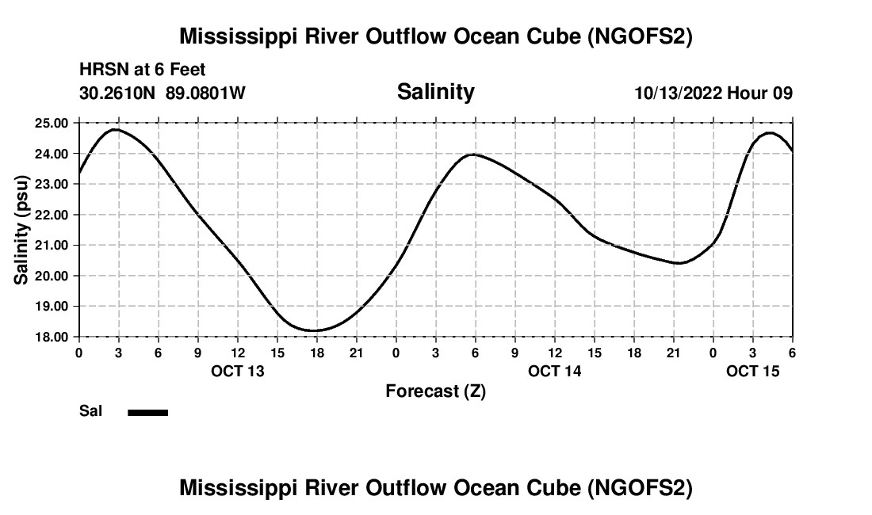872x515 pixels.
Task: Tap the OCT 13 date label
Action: (x=238, y=371)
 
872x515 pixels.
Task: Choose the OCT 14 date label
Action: (x=555, y=371)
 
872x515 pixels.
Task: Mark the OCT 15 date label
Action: (x=753, y=371)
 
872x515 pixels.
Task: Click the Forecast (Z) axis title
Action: (x=435, y=391)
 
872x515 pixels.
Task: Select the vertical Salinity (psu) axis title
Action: (x=22, y=230)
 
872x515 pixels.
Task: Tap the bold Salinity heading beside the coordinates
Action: (x=435, y=92)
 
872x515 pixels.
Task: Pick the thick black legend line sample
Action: (x=147, y=412)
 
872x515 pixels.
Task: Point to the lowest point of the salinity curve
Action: (x=315, y=330)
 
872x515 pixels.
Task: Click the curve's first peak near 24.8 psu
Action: (x=116, y=129)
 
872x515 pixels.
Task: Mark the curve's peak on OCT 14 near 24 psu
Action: (x=473, y=154)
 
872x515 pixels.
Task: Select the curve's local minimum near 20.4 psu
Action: (x=679, y=263)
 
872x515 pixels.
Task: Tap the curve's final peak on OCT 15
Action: (x=769, y=133)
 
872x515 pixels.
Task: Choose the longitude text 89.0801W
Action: (x=205, y=93)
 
